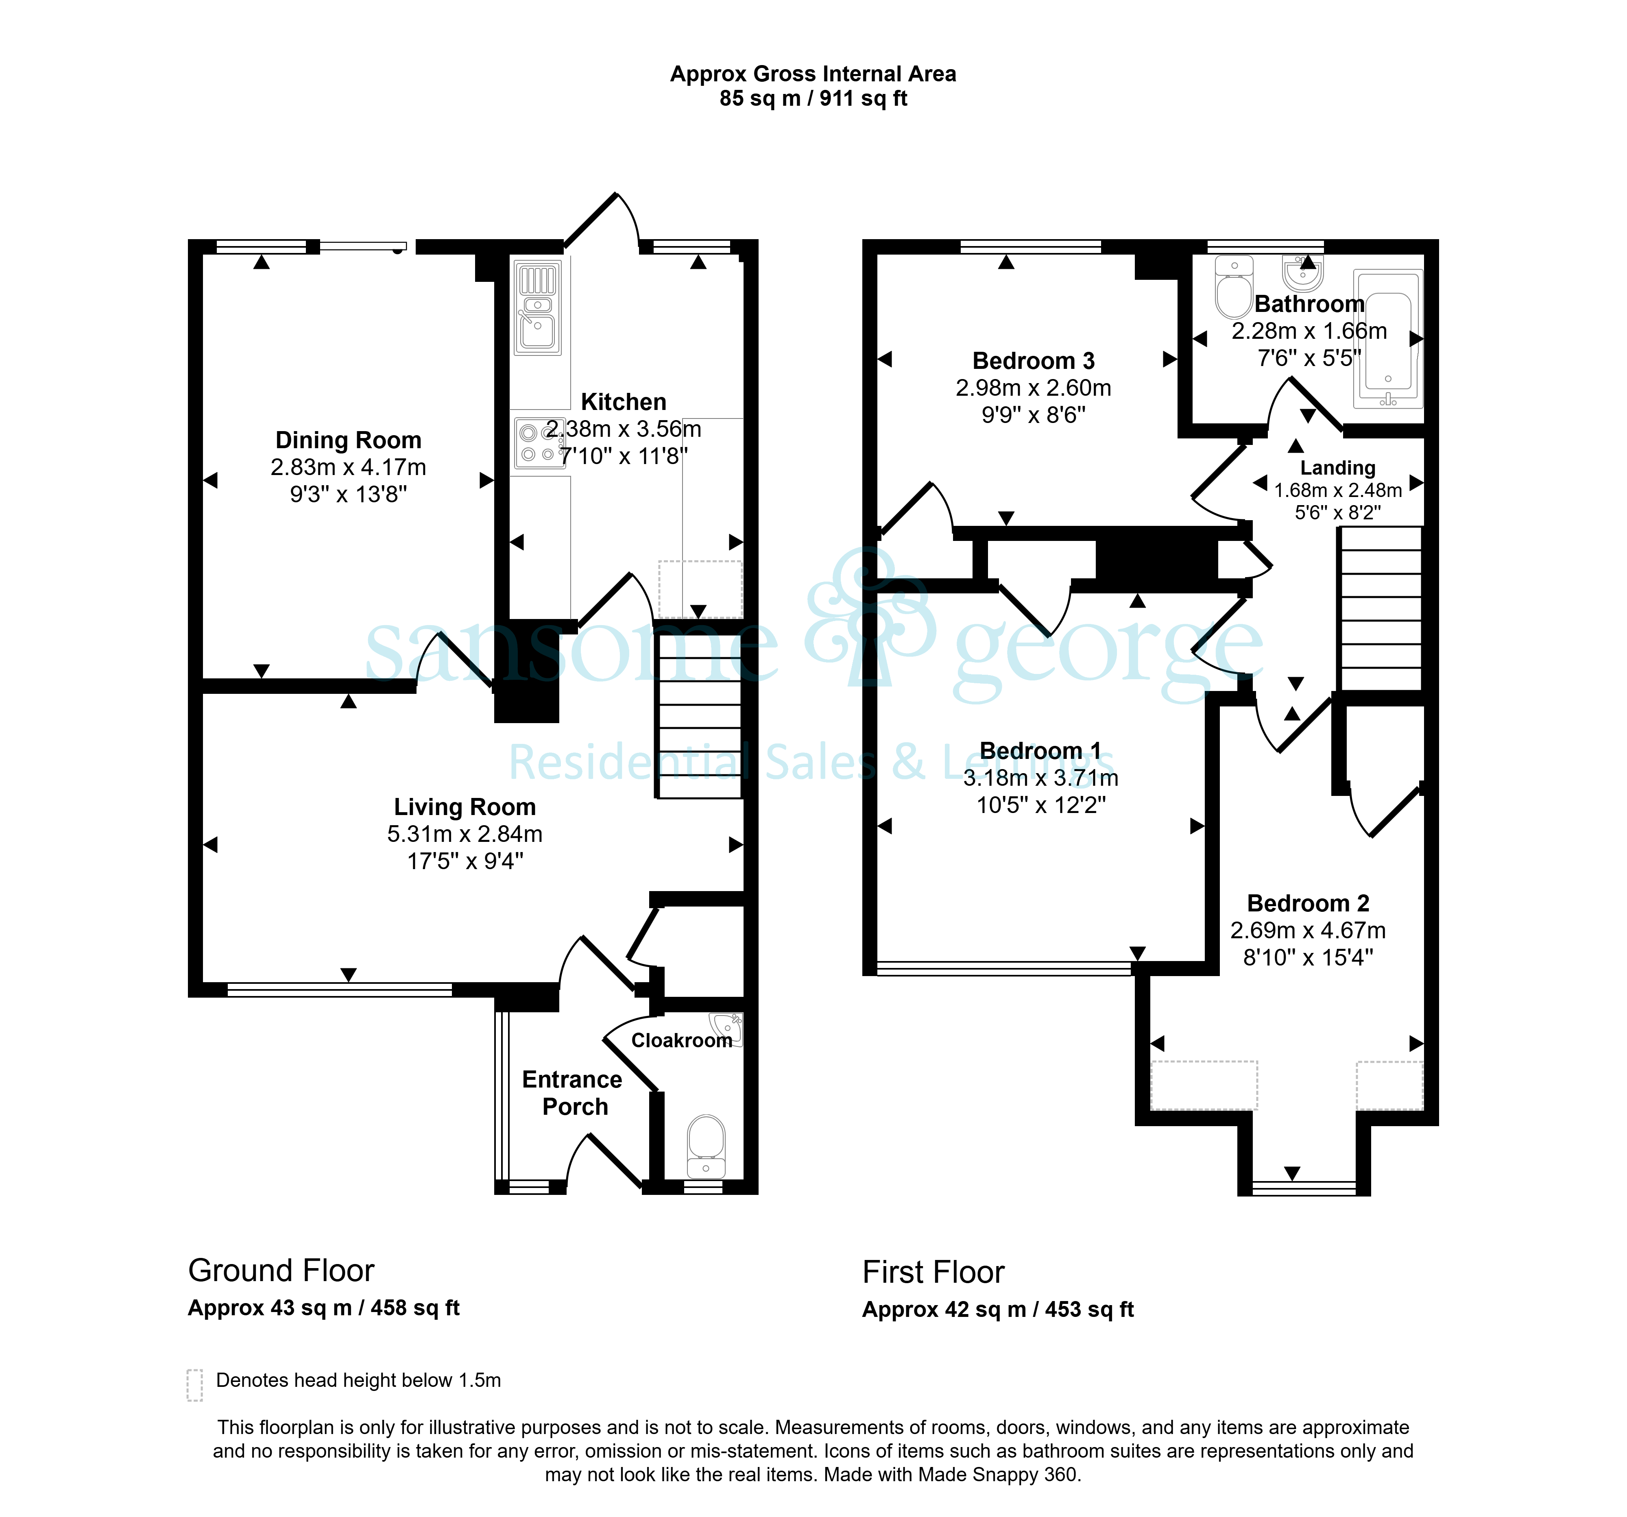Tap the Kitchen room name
(x=624, y=402)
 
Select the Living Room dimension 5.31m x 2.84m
(x=465, y=834)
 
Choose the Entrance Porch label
(x=573, y=1093)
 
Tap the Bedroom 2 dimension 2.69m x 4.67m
(x=1308, y=930)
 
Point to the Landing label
(x=1338, y=468)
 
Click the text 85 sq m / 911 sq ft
(x=813, y=99)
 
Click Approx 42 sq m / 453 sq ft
(x=998, y=1310)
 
